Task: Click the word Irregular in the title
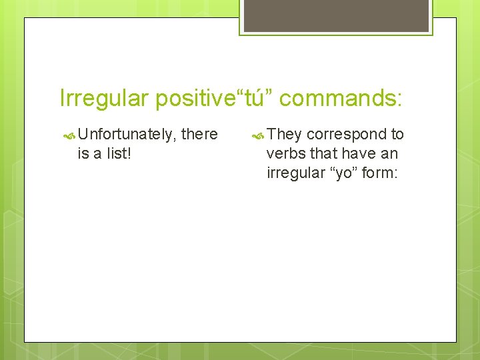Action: [x=104, y=99]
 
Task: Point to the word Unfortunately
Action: [x=127, y=135]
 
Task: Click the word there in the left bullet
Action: [x=199, y=135]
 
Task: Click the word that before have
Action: [x=323, y=154]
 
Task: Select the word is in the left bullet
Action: [x=84, y=154]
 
